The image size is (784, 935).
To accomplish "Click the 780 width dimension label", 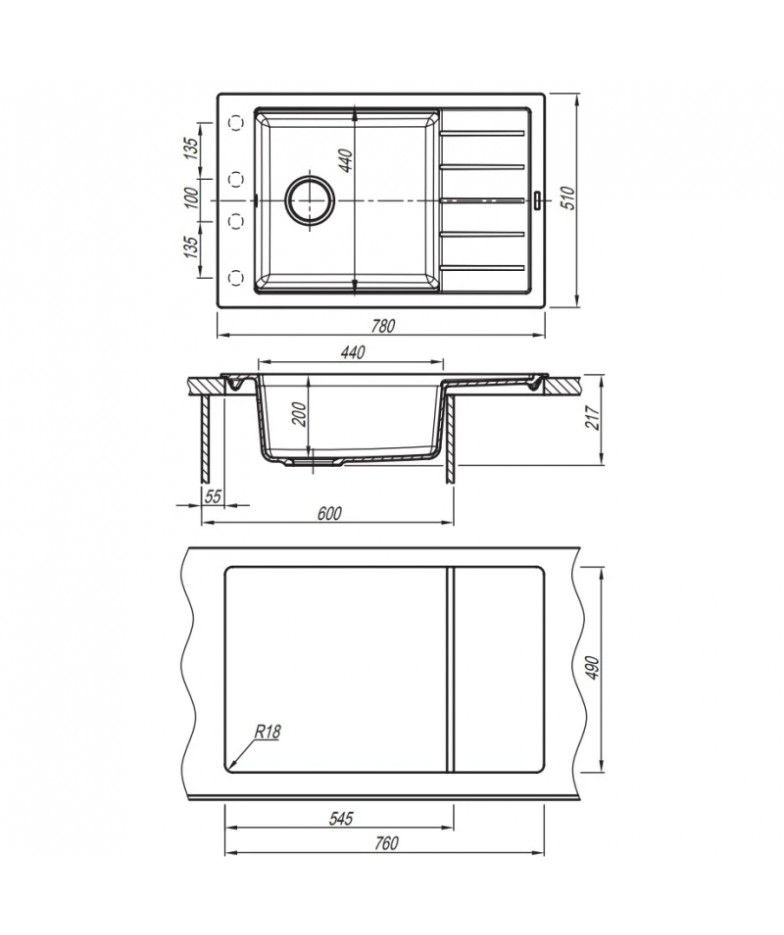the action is (383, 326).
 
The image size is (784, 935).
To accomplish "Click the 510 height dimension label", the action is (568, 199).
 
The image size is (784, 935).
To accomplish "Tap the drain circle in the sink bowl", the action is (309, 200).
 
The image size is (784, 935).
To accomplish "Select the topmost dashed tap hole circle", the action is (237, 123).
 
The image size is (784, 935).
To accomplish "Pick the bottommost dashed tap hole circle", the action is (237, 277).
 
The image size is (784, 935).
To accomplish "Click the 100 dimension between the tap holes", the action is (190, 197).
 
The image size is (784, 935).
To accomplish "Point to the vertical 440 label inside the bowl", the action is (346, 160).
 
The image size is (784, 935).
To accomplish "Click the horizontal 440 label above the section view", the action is (352, 352).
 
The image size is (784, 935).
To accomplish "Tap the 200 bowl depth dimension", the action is (299, 415).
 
